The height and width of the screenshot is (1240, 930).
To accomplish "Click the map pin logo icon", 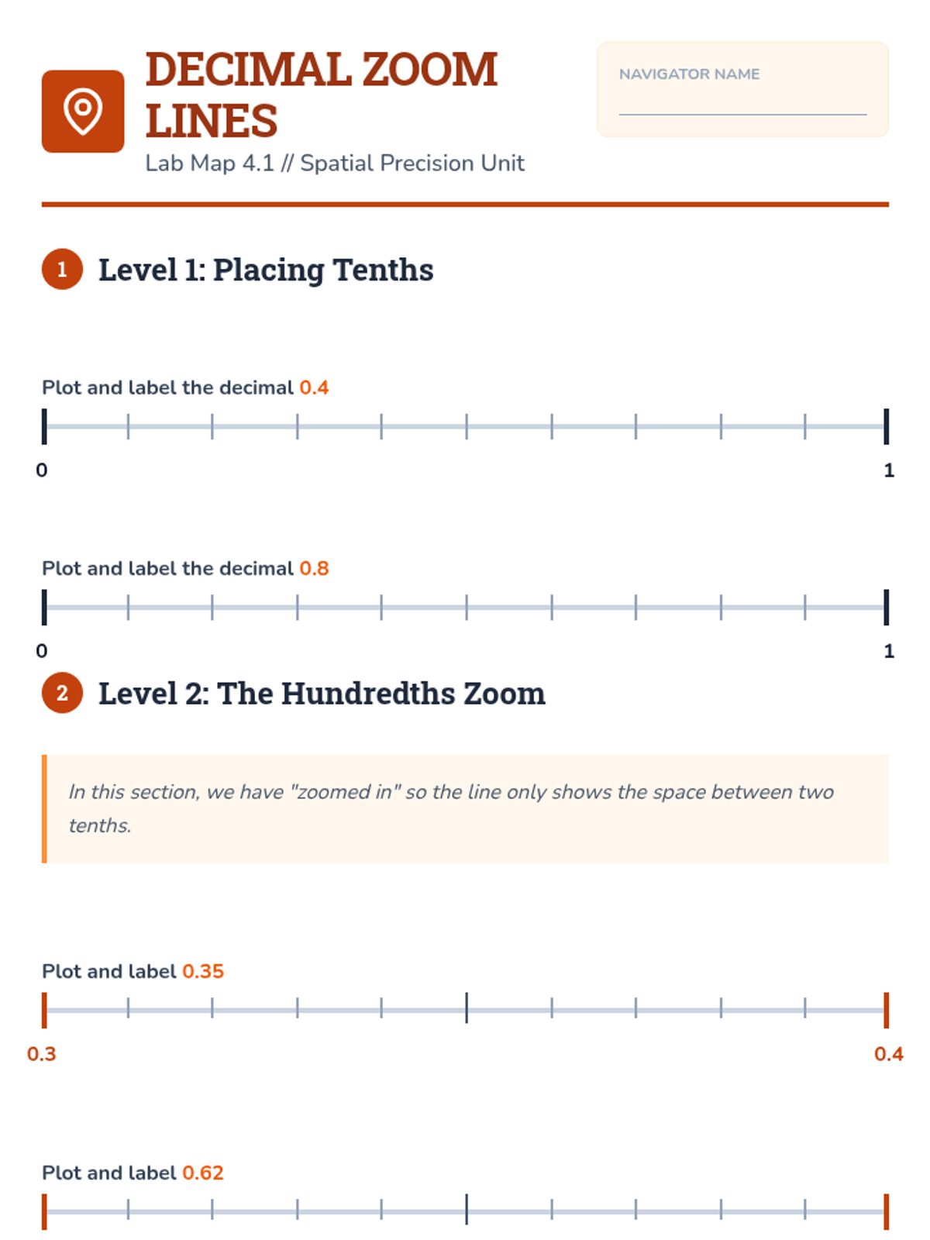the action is [x=83, y=112].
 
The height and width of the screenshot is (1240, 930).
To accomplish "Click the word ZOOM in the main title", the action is [x=429, y=70].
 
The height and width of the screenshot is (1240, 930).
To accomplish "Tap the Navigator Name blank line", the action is [x=742, y=115].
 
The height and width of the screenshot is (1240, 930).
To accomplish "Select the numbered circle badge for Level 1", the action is [x=62, y=269].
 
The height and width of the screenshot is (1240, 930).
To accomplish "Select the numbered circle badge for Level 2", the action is [x=62, y=693].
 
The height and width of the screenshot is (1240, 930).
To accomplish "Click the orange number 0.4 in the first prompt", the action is [x=314, y=387].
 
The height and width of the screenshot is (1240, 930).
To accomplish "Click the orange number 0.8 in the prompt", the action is [x=314, y=568].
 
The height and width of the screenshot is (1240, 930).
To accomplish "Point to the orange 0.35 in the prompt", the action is [x=203, y=971].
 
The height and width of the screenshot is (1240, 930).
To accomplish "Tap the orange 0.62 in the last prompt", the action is [x=203, y=1173].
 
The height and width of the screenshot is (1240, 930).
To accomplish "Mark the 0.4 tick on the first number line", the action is [x=382, y=426].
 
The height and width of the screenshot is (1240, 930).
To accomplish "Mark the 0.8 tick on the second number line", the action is [x=721, y=608].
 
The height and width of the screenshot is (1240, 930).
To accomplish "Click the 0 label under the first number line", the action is [x=42, y=470].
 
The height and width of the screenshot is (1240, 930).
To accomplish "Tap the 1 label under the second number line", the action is [x=889, y=651].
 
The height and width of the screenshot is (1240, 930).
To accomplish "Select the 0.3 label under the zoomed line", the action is [x=42, y=1053].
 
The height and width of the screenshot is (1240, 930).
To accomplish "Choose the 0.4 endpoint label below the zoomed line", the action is [x=889, y=1053].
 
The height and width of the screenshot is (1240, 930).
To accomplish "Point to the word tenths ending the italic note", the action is [x=100, y=825].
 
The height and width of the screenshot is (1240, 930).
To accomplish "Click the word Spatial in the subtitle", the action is [x=339, y=164].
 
